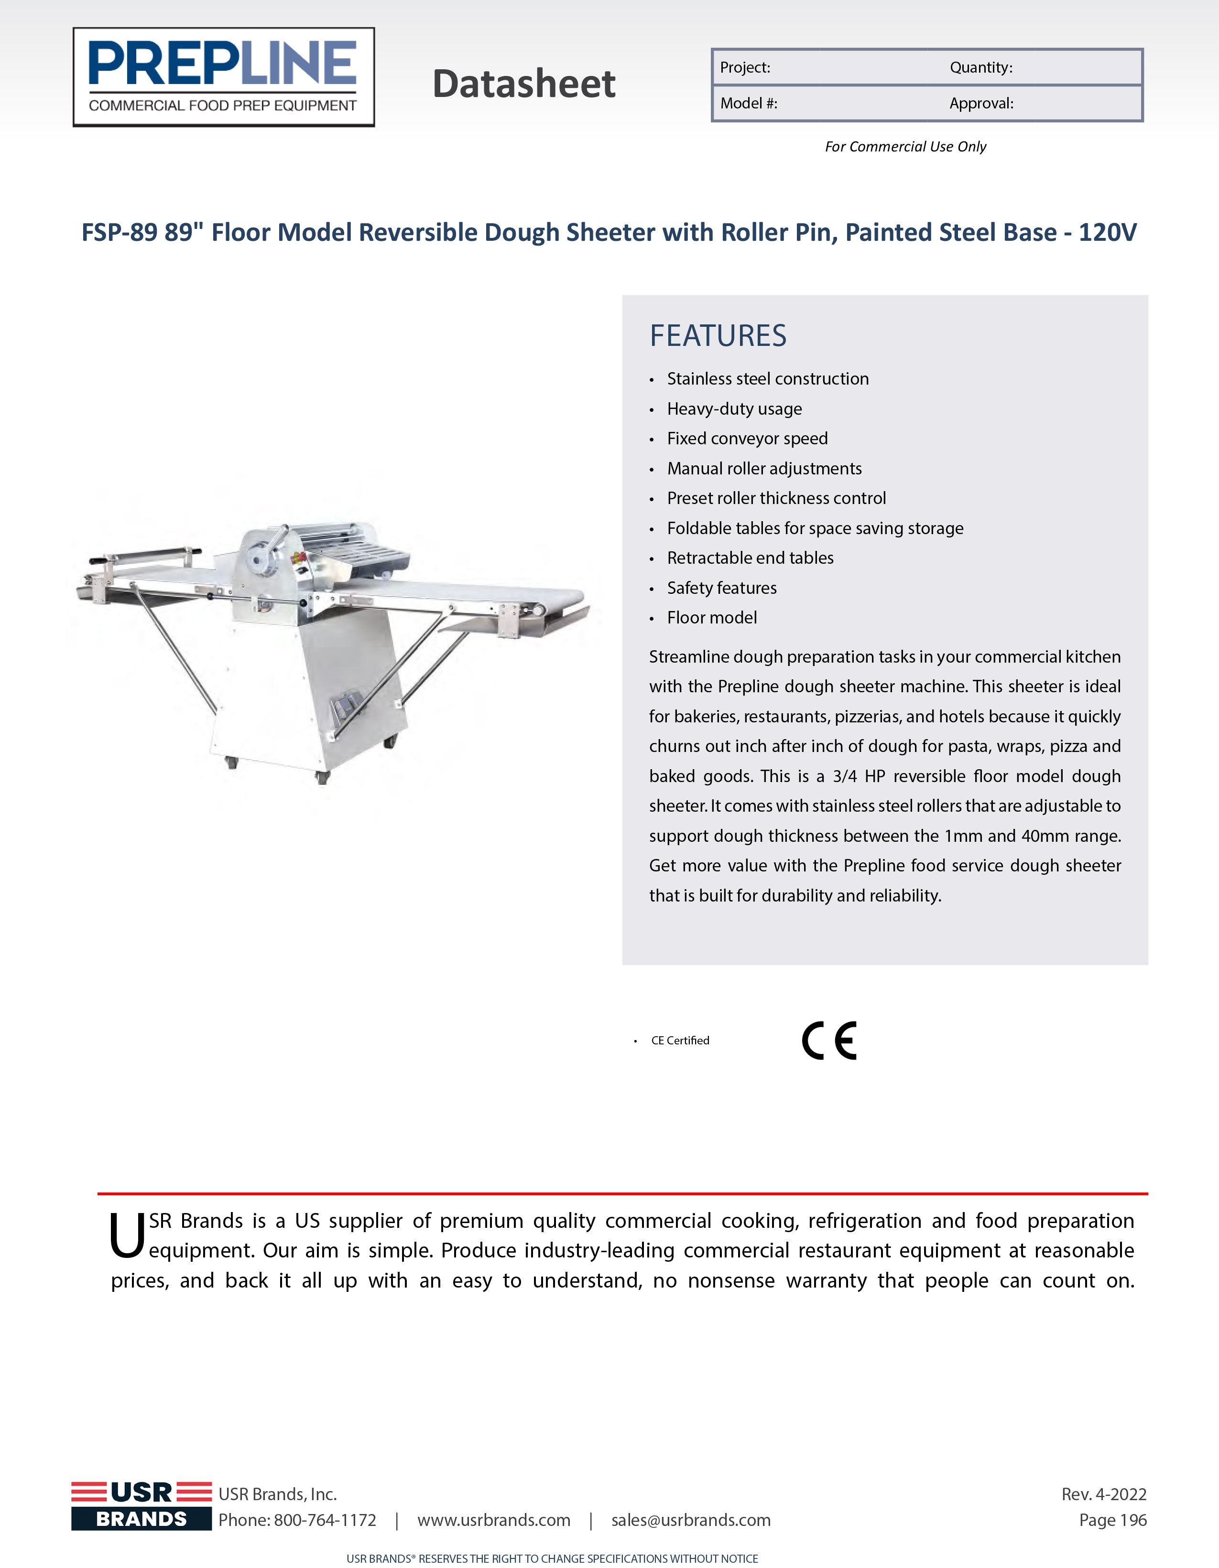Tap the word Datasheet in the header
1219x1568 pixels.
click(523, 84)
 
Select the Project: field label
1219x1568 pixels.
click(745, 67)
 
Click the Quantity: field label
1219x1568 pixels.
click(980, 67)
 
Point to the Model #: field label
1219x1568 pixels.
click(749, 103)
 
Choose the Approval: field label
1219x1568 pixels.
click(981, 103)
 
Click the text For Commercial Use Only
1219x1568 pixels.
click(905, 147)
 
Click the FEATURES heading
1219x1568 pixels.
click(718, 335)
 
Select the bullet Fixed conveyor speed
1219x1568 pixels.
click(747, 439)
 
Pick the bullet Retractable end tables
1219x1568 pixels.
click(750, 558)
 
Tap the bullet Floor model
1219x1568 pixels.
click(712, 617)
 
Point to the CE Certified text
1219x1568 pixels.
click(680, 1040)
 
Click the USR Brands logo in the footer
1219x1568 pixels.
click(141, 1505)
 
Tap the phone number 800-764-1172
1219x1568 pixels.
click(325, 1520)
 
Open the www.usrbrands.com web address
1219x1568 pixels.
click(493, 1520)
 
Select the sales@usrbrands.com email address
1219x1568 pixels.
click(690, 1520)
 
